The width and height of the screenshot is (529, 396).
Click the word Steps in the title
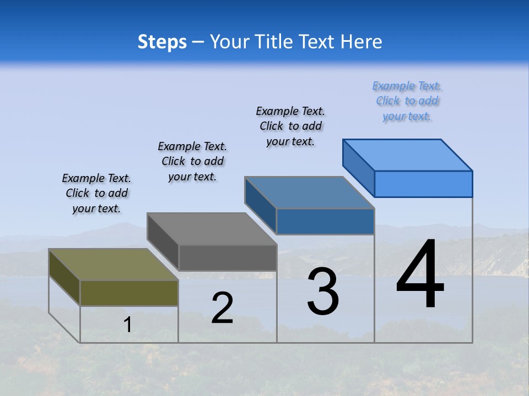coord(162,42)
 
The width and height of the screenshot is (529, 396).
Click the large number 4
coord(420,275)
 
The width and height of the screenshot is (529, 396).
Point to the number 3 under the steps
coord(323,291)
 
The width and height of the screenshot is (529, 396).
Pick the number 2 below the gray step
coord(222,308)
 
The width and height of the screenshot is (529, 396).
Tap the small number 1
coord(128,325)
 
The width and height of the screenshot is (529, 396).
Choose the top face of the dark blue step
coord(309,193)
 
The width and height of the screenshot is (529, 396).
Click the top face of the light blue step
coord(407,155)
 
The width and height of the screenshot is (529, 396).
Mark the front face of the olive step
coord(129,293)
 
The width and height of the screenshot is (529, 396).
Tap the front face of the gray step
coord(228,257)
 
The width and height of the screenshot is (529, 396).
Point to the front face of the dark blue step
coord(325,221)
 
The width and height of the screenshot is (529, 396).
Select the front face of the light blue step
coord(423,184)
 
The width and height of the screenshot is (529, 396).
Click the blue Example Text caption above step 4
coord(407,101)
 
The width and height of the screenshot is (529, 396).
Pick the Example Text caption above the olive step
coord(96,193)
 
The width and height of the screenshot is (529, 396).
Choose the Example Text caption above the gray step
coord(192,161)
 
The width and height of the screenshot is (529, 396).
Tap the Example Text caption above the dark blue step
coord(290,126)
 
